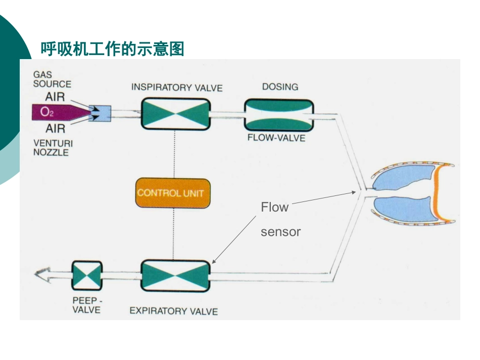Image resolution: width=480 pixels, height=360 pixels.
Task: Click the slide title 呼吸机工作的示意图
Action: (x=112, y=49)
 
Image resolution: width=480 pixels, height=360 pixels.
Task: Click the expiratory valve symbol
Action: (x=175, y=276)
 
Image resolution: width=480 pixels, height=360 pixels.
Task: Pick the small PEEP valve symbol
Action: (x=86, y=276)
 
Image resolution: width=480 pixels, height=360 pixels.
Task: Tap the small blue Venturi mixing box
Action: (x=100, y=114)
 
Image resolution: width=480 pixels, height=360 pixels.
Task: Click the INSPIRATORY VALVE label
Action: (x=177, y=87)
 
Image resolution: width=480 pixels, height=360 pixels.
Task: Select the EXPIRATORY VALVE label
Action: (x=173, y=311)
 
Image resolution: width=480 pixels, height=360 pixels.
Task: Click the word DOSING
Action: (x=280, y=87)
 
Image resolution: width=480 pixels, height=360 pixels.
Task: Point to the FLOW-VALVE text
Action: (x=276, y=137)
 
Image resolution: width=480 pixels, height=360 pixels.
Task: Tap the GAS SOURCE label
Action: (x=52, y=79)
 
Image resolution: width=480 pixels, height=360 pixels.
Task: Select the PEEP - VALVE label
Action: (x=86, y=304)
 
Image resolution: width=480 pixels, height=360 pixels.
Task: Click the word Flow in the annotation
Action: (x=274, y=208)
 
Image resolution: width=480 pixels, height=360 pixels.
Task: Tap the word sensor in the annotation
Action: (x=280, y=232)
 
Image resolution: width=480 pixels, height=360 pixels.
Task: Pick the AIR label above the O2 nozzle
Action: (x=55, y=96)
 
